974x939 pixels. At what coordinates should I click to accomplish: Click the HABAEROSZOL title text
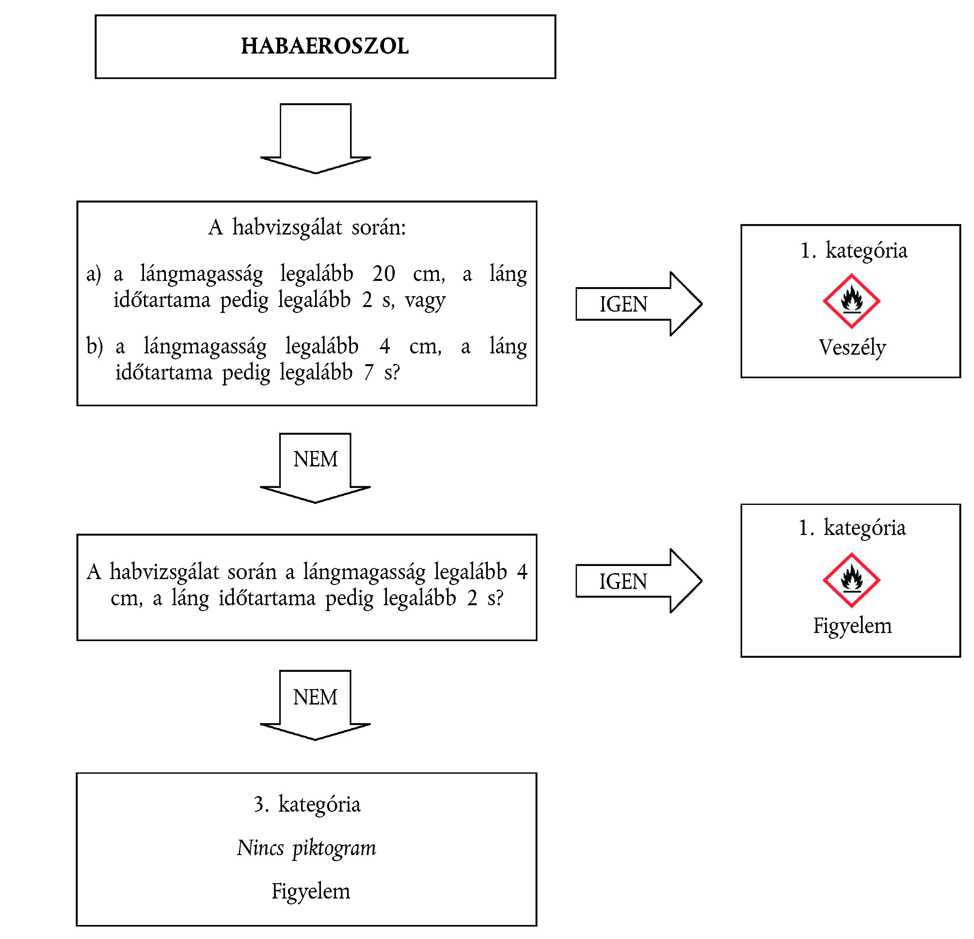tap(325, 46)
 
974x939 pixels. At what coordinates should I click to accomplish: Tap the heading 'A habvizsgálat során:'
tap(307, 228)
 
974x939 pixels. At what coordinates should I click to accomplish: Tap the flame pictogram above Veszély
tap(851, 301)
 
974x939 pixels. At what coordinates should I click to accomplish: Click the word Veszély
tap(852, 348)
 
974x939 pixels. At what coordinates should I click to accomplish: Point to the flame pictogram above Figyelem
tap(851, 580)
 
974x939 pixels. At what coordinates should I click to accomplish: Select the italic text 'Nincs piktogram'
tap(307, 848)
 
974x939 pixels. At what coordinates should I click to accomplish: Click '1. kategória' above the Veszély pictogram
tap(853, 250)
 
